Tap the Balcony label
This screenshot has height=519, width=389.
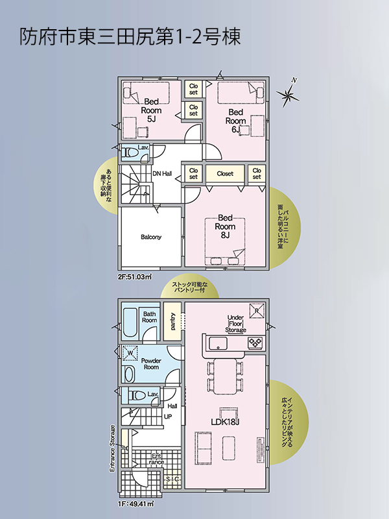151,237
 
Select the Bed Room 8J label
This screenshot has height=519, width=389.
225,226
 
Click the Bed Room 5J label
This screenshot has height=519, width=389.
151,110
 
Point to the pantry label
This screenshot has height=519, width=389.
172,321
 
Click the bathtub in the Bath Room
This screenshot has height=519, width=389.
130,322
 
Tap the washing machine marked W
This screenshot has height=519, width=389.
130,353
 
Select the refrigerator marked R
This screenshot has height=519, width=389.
257,311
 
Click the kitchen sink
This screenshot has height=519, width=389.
218,343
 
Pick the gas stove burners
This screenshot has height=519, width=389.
255,343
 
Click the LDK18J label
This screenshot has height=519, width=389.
225,422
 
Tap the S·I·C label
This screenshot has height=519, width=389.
172,479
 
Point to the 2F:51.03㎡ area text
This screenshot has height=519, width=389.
135,277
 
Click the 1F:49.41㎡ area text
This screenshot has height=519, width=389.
136,504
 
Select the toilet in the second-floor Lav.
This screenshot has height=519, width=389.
130,152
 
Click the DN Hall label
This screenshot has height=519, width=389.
162,173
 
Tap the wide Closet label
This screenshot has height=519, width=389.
225,173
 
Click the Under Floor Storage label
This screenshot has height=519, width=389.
235,323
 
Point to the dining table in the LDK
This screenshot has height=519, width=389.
225,376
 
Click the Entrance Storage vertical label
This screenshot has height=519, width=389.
112,448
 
